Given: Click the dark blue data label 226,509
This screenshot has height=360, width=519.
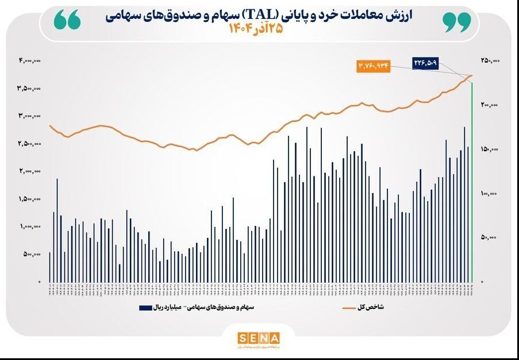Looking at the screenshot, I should pos(425,61).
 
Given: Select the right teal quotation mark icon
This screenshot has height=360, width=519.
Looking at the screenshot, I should pos(456,21).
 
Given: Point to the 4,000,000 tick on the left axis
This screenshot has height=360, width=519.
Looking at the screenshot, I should pos(30,61).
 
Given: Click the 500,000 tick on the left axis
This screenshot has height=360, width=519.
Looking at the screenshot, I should pos(34,255).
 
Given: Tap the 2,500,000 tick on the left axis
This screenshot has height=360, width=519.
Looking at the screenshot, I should pos(31,144).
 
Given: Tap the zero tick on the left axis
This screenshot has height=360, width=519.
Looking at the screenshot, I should pos(40,282).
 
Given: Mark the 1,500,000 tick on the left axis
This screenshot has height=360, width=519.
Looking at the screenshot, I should pos(32,199).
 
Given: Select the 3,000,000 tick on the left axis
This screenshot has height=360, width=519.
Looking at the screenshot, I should pos(31,116).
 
